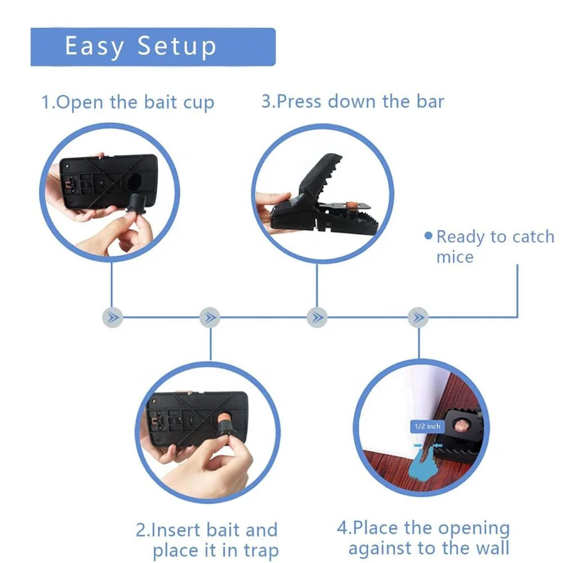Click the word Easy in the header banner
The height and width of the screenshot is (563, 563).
[x=94, y=47]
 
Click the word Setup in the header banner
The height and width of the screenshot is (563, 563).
[x=177, y=47]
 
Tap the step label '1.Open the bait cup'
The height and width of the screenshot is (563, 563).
[x=128, y=103]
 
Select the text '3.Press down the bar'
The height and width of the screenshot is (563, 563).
[x=352, y=102]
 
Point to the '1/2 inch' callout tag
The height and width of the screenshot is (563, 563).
[x=427, y=426]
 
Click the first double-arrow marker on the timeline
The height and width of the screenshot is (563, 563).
[x=113, y=317]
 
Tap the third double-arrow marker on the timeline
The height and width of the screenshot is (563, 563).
[x=317, y=317]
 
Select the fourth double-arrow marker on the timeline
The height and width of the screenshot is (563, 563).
[x=418, y=317]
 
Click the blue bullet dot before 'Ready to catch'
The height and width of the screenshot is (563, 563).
[x=428, y=235]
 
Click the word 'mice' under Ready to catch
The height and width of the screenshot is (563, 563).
[x=454, y=257]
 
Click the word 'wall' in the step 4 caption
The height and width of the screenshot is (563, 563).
[x=490, y=547]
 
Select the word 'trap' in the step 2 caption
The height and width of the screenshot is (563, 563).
[x=258, y=551]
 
